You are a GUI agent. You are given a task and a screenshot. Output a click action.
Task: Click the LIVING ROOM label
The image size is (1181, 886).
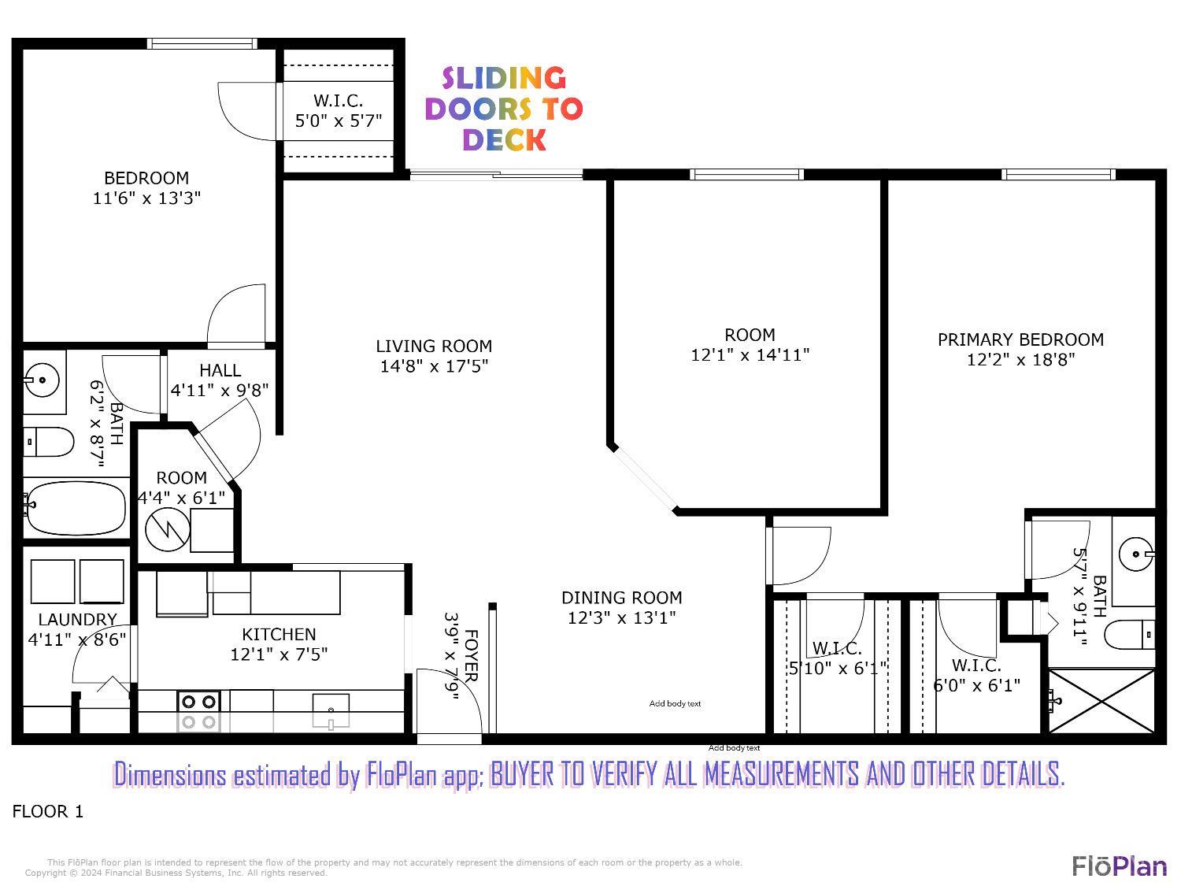(x=433, y=346)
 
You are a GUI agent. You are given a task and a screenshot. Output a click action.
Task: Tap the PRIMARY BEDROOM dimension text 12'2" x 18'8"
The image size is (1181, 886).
(x=1020, y=360)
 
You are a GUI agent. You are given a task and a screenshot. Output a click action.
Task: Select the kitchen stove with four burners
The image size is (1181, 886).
(x=198, y=710)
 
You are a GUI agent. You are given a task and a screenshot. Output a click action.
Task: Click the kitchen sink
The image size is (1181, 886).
(x=331, y=710)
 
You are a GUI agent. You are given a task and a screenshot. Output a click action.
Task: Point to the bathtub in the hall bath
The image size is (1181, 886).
(x=75, y=508)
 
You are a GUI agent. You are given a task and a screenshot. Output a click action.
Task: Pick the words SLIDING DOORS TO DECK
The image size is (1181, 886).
(x=504, y=109)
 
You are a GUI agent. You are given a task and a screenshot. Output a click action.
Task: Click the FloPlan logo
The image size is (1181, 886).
(x=1119, y=866)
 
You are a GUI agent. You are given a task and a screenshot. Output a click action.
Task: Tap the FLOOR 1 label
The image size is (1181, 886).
(x=48, y=811)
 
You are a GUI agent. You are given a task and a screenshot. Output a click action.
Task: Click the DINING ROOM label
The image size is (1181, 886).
(x=621, y=598)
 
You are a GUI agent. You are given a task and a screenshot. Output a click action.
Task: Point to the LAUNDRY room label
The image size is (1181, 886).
(x=77, y=620)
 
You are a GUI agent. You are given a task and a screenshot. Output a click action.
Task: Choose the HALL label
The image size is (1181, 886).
(x=220, y=370)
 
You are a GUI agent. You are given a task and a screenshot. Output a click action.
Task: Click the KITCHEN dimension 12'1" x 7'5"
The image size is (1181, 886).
(x=279, y=654)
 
